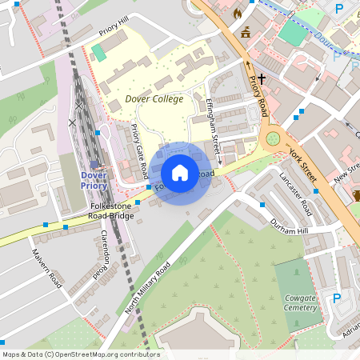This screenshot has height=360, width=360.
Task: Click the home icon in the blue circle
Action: click(x=180, y=173)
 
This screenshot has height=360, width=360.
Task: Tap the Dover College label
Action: click(x=154, y=99)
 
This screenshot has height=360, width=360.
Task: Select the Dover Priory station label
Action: click(x=94, y=180)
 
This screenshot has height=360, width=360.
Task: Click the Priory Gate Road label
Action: click(x=138, y=151)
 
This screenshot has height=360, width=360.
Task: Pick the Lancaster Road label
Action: click(x=294, y=192)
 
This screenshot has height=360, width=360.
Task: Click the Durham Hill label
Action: click(x=289, y=227)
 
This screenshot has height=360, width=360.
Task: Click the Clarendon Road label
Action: click(x=101, y=254)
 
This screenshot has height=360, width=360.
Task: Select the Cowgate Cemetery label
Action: click(x=302, y=302)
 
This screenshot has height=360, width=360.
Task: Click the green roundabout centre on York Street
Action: click(x=273, y=139)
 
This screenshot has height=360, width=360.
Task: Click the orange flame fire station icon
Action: click(x=237, y=14)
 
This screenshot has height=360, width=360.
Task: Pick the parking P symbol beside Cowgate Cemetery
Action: click(x=337, y=298)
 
